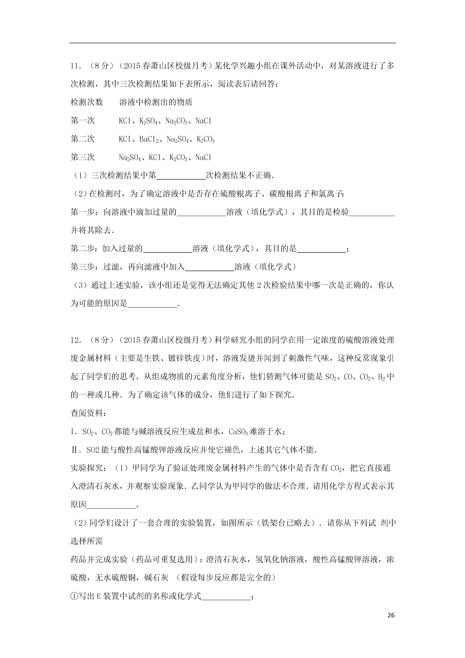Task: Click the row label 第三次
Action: pyautogui.click(x=83, y=157)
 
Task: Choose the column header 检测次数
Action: pyautogui.click(x=87, y=102)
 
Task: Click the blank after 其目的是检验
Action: pyautogui.click(x=372, y=212)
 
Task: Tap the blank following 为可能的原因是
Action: pyautogui.click(x=152, y=304)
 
